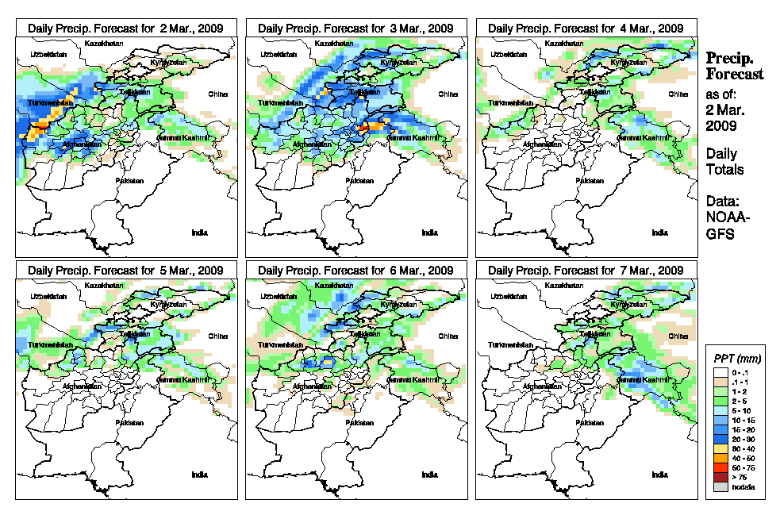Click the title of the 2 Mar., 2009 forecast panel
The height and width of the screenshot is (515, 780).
click(126, 28)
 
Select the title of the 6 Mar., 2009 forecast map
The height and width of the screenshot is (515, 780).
click(356, 271)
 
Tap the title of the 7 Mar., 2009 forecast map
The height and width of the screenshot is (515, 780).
click(586, 271)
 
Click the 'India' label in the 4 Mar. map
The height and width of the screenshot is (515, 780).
click(659, 233)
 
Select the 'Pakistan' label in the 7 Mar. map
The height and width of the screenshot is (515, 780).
click(589, 423)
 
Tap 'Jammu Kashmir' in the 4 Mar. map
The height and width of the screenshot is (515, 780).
click(644, 137)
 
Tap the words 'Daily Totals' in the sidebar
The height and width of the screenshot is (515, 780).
click(724, 161)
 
